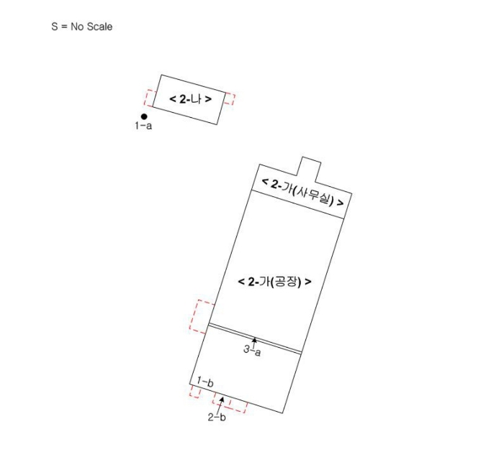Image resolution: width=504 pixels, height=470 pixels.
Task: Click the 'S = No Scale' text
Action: [81, 27]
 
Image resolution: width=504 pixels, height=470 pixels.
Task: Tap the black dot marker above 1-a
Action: [144, 116]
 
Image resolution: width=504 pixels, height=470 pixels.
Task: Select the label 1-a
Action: [143, 126]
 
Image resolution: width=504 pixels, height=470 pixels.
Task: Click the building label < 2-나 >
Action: [190, 99]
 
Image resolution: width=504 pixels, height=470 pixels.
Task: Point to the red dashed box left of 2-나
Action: [149, 98]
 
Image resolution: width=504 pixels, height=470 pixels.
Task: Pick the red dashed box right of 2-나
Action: [230, 98]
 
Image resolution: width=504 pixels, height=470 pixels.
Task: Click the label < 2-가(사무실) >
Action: [302, 193]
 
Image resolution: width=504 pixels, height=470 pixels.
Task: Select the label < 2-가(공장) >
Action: [274, 282]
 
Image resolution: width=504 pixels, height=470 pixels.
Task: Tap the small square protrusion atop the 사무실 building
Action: [310, 169]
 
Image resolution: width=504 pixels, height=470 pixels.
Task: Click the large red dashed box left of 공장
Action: [202, 317]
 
